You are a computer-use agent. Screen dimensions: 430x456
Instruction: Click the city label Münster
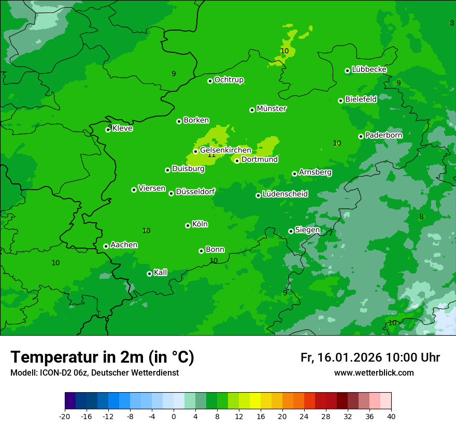coord(272,109)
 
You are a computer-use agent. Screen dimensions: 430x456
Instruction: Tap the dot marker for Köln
coord(188,225)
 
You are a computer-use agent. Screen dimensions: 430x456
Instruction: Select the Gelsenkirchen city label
coord(225,150)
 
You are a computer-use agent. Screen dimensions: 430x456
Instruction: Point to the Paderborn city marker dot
coord(361,136)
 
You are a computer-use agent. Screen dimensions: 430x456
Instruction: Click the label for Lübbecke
coord(369,69)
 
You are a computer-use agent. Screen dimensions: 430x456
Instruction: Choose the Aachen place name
coord(124,245)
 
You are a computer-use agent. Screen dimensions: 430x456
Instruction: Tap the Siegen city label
coord(307,230)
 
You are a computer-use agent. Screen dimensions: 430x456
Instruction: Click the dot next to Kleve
coord(108,130)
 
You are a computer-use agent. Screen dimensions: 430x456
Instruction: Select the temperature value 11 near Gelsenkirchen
coord(211,155)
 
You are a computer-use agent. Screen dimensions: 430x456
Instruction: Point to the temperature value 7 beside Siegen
coord(331,233)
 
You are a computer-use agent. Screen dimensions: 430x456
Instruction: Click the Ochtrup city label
coord(229,80)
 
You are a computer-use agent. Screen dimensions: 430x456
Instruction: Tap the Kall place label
coord(161,273)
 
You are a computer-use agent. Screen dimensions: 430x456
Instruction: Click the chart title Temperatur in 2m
coord(102,357)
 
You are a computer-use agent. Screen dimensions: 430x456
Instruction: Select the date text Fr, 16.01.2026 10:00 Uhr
coord(370,357)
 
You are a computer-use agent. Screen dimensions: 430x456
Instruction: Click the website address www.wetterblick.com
coord(374,373)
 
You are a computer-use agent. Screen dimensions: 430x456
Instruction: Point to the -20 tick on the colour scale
coord(64,416)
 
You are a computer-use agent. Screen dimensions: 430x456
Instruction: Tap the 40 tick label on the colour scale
coord(391,416)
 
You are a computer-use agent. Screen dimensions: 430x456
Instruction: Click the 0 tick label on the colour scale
coord(174,416)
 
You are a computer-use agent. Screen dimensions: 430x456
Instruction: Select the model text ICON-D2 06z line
coord(94,373)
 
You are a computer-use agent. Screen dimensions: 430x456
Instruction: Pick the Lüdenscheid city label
coord(285,194)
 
